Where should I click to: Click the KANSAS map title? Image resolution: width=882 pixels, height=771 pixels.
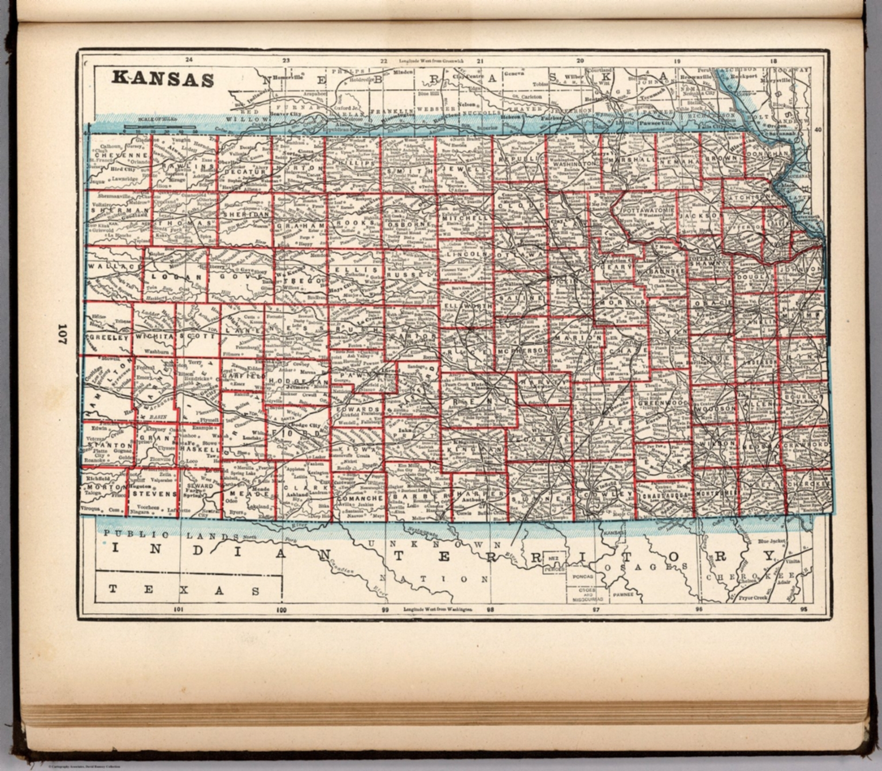[x=163, y=78]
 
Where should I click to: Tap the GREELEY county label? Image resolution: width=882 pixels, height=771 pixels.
[x=109, y=338]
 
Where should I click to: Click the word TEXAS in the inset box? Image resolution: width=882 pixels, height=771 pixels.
[x=184, y=590]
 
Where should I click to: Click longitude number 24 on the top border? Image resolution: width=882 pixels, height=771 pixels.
[x=189, y=59]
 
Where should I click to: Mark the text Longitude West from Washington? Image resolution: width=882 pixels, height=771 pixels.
[x=438, y=608]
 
